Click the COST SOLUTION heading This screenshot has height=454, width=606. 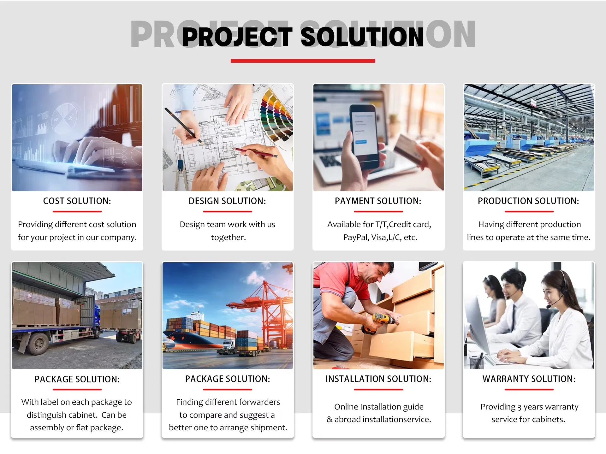77,201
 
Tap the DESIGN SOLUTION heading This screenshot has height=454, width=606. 227,201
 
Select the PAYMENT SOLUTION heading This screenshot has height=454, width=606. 378,201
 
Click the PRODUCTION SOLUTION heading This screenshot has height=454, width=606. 528,201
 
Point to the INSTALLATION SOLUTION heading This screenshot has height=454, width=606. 378,379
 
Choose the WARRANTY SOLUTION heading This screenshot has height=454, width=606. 529,379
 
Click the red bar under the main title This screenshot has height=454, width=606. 303,61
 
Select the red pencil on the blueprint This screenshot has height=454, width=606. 256,153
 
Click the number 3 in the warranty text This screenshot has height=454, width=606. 519,407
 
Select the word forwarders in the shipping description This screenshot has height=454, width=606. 259,402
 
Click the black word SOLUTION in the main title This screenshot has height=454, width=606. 362,37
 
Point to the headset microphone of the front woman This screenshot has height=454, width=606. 550,306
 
